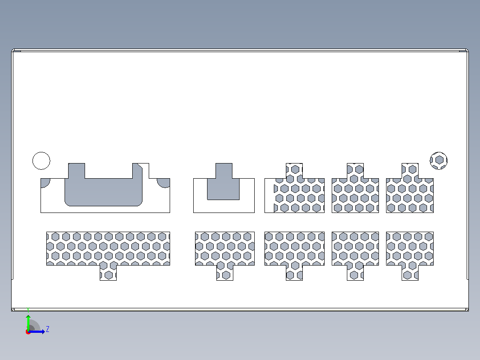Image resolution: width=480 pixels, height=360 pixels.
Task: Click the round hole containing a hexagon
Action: pos(439,160)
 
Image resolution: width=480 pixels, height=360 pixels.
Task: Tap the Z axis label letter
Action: pos(48,329)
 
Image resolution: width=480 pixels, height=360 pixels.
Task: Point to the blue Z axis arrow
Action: pos(37,331)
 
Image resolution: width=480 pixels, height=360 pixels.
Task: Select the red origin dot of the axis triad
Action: pos(28,332)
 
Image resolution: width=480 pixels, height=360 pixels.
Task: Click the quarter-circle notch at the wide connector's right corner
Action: pos(164,183)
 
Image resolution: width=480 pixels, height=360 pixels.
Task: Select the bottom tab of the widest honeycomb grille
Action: pos(108,273)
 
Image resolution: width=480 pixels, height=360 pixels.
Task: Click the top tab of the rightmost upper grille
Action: pos(410,171)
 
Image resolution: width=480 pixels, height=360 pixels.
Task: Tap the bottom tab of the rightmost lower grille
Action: pos(410,273)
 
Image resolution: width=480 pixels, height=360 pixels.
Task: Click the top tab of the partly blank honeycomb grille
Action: pos(294,171)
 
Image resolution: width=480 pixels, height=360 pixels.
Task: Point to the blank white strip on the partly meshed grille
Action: pos(269,196)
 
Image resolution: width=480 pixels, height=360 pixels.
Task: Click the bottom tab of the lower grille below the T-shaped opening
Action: pos(225,273)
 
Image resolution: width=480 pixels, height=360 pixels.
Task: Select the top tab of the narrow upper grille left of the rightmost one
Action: pos(355,171)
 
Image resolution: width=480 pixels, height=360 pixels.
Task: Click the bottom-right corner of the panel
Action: pos(468,311)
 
